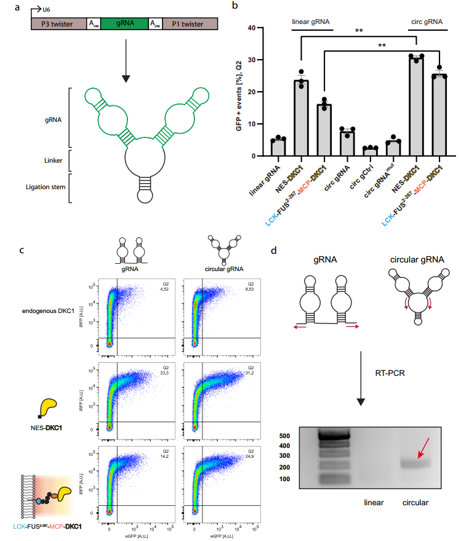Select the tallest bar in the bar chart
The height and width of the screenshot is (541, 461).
coord(417,106)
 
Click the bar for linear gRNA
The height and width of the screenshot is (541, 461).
coord(278,147)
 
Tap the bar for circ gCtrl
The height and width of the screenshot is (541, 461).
coord(370,152)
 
